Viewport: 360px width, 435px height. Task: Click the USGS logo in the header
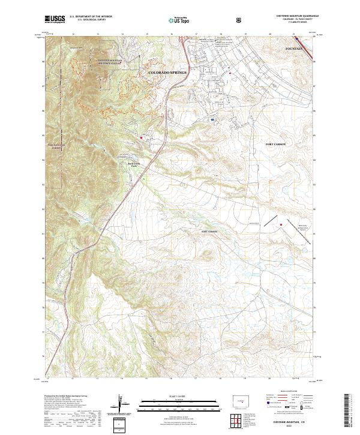pyautogui.click(x=55, y=19)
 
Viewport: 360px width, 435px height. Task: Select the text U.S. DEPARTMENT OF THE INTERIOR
pyautogui.click(x=91, y=17)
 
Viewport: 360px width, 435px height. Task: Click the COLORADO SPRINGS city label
pyautogui.click(x=167, y=72)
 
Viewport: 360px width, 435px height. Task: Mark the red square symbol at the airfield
pyautogui.click(x=280, y=225)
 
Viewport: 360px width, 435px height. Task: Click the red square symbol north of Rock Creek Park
pyautogui.click(x=142, y=137)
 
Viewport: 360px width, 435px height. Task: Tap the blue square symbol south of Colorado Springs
pyautogui.click(x=212, y=119)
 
